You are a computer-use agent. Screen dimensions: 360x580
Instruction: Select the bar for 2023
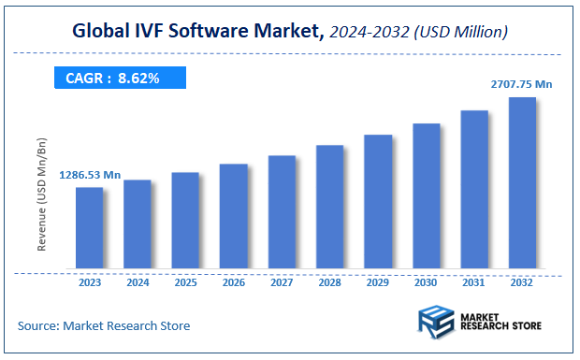90,228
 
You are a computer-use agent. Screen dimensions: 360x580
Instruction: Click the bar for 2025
185,221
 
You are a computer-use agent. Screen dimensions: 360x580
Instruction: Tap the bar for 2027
282,212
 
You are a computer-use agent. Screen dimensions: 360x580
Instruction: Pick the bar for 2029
378,202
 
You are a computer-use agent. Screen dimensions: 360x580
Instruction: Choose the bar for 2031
474,190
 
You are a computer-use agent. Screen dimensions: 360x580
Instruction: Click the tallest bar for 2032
522,183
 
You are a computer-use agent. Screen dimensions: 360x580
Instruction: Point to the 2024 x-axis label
138,281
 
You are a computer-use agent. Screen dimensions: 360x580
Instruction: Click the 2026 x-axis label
234,281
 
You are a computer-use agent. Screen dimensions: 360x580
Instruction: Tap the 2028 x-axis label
330,281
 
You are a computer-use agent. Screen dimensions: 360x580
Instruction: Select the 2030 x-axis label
427,281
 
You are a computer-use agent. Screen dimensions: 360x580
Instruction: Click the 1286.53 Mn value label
90,175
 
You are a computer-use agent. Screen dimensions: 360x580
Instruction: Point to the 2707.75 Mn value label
521,84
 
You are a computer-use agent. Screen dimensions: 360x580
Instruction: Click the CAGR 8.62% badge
120,79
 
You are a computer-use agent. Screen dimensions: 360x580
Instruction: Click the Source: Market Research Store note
103,325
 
